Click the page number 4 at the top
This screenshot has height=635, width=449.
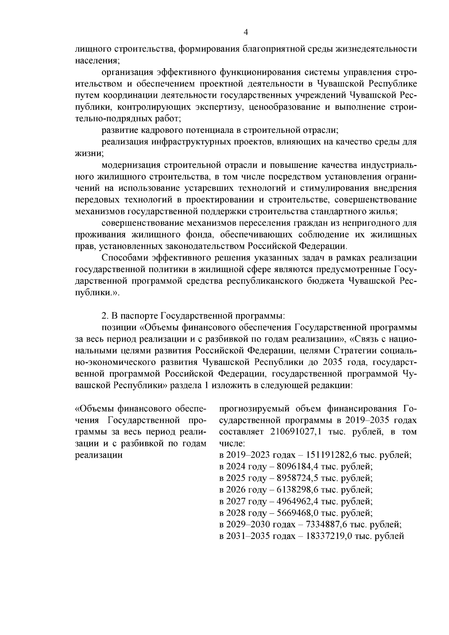pyautogui.click(x=246, y=32)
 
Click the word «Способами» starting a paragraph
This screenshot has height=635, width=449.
pyautogui.click(x=125, y=258)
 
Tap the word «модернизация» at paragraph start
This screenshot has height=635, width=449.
pyautogui.click(x=131, y=165)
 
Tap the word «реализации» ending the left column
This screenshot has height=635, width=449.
pyautogui.click(x=99, y=455)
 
